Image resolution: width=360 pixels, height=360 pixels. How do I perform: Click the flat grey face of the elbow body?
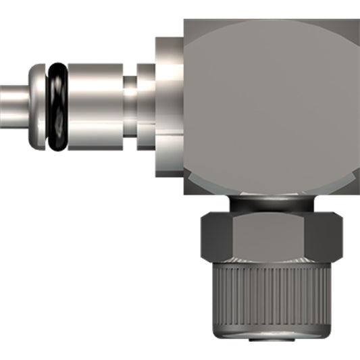pos(270,101)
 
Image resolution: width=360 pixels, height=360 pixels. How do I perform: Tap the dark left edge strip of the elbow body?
pos(186,101)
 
